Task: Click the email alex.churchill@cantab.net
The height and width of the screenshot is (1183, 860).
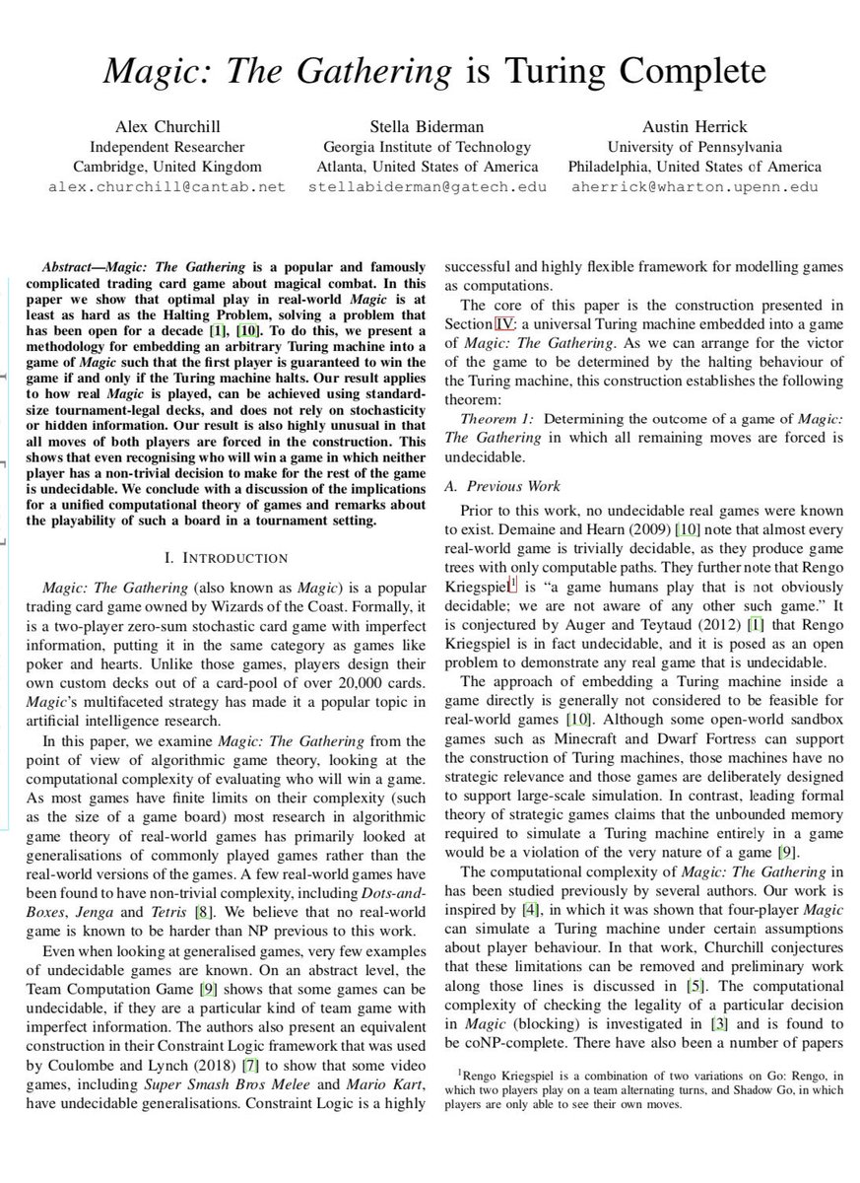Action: point(166,185)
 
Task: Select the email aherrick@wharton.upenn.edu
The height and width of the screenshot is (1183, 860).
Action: point(695,185)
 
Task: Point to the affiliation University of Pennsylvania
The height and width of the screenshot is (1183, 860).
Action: point(695,146)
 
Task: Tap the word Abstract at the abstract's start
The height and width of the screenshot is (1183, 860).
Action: point(73,268)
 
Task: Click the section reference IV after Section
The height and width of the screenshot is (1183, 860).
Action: point(504,323)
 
